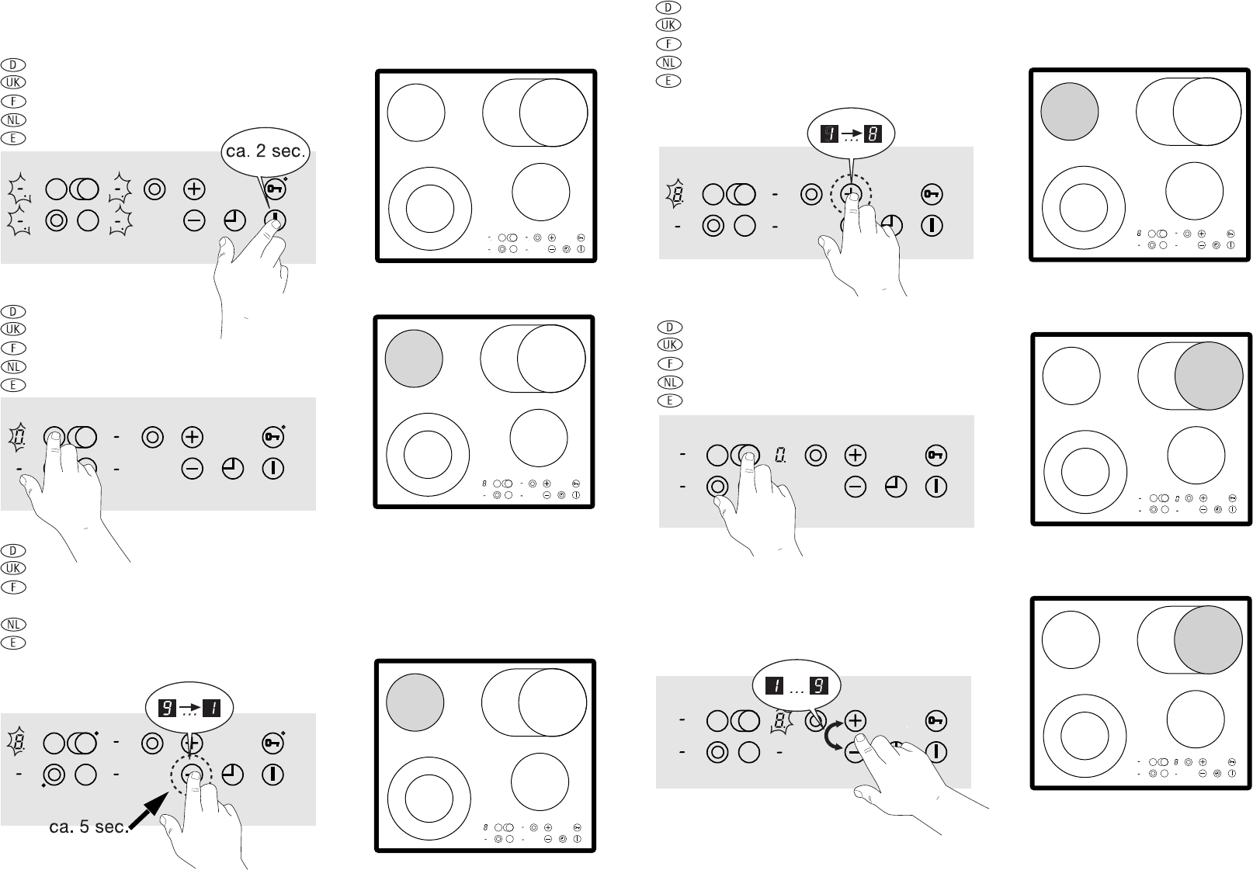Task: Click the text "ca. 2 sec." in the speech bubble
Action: (266, 151)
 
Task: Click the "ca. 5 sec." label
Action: (89, 827)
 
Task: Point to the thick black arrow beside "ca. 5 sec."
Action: (149, 811)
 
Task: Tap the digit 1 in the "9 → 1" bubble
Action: (212, 709)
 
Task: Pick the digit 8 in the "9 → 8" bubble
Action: (873, 134)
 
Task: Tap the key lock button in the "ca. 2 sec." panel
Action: (274, 189)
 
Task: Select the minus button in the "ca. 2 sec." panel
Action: (194, 221)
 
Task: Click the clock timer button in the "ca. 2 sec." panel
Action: (234, 221)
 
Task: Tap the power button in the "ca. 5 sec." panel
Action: (273, 775)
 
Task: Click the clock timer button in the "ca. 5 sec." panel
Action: (233, 775)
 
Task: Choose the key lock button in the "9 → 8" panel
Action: (932, 195)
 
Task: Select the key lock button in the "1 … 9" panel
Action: (935, 721)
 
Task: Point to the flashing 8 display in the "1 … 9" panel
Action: (779, 721)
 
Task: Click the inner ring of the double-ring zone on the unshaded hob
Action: (430, 209)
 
